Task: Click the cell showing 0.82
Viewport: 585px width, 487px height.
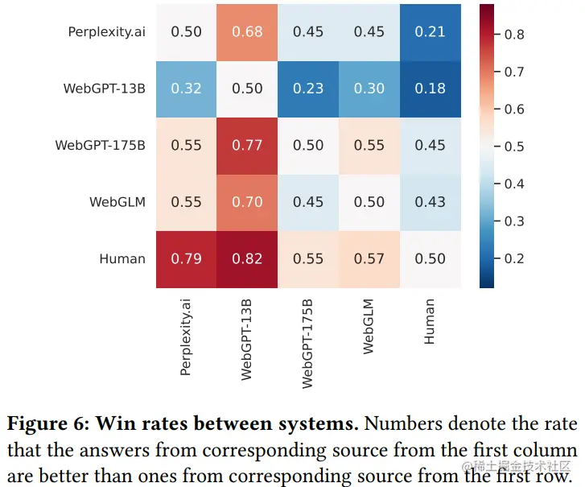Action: [247, 258]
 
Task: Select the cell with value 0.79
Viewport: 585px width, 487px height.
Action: [186, 258]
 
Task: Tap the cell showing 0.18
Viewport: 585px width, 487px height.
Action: [430, 89]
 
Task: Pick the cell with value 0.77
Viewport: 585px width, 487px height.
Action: [247, 145]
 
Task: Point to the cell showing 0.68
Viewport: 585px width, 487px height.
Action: [247, 32]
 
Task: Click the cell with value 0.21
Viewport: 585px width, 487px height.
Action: [430, 32]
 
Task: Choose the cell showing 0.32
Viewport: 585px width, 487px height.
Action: [186, 89]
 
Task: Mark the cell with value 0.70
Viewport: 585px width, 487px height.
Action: [247, 202]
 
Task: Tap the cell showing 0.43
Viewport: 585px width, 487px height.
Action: [430, 202]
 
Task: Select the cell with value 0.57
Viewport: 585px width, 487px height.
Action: [369, 258]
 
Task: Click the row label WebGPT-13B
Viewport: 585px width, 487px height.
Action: [105, 89]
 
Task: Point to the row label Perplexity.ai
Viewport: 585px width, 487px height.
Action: [107, 32]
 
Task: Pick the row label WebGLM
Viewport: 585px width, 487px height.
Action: [117, 202]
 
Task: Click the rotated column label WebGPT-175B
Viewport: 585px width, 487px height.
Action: [308, 344]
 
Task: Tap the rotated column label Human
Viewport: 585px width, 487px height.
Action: [430, 322]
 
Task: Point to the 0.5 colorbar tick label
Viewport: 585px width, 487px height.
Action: [515, 147]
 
